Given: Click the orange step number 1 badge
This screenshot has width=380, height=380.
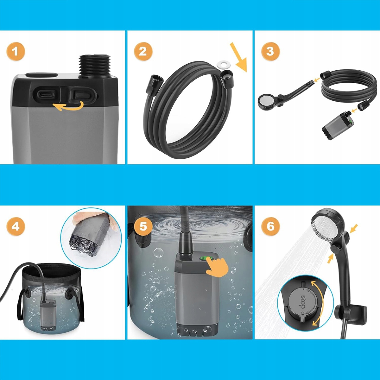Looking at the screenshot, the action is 16,52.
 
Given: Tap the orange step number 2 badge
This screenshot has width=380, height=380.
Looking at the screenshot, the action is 143,52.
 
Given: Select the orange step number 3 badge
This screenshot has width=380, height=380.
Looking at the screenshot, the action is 270,52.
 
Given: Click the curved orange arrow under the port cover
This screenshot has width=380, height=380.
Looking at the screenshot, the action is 69,106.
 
